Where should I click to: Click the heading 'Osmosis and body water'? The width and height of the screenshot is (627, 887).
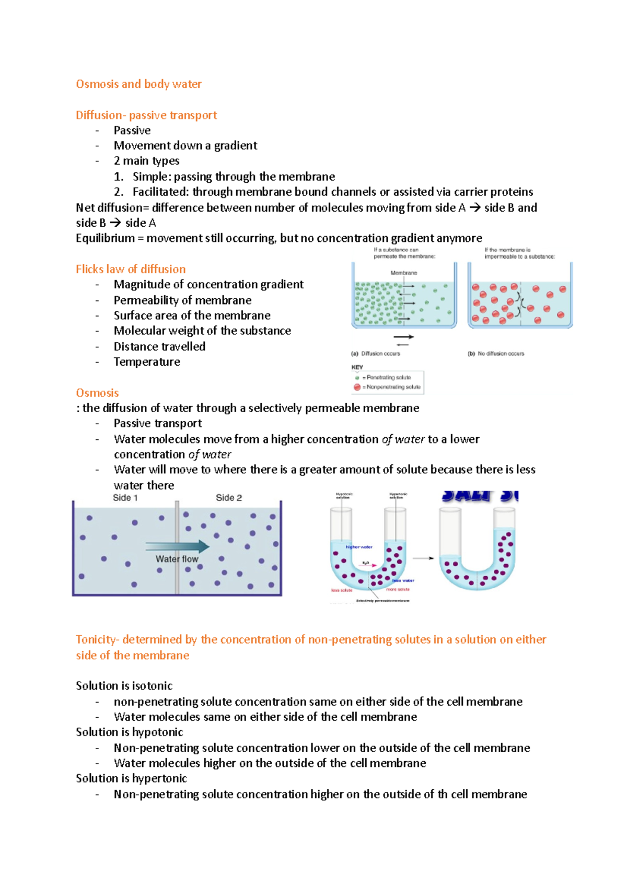pos(138,84)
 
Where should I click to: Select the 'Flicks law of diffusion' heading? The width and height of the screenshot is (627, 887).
pos(131,269)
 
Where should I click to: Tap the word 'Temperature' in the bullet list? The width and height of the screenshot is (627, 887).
pos(147,361)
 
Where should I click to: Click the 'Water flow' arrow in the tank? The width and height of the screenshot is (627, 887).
pos(178,547)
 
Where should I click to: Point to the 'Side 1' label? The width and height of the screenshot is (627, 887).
pos(125,498)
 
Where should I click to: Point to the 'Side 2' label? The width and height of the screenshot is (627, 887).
pos(229,498)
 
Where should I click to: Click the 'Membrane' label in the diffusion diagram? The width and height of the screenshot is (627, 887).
pos(403,273)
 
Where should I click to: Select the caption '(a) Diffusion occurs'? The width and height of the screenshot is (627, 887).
pos(376,354)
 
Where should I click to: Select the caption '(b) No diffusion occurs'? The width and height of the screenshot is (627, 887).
pos(496,354)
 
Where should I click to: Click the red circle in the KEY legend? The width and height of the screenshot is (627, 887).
pos(357,387)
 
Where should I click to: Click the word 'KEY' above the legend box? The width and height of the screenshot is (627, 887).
pos(357,367)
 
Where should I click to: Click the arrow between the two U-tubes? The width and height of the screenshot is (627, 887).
pos(424,558)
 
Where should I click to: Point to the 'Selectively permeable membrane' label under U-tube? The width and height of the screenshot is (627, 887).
pos(382,601)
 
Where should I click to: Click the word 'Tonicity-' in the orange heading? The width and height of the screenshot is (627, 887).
pos(98,639)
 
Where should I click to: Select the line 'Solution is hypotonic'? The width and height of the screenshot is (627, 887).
pos(130,732)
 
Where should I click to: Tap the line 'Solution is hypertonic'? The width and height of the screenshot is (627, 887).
pos(131,778)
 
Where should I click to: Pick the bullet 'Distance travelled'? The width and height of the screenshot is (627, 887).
pos(159,346)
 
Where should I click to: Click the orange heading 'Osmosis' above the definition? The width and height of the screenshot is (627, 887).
pos(97,393)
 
